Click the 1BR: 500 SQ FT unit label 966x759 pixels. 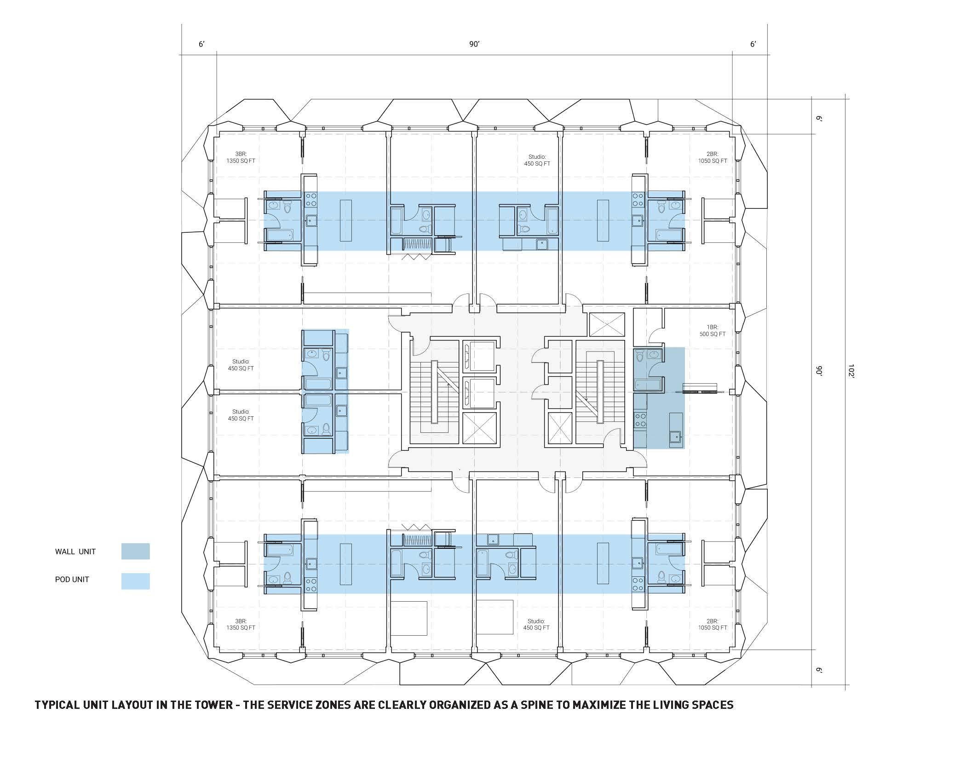pos(713,330)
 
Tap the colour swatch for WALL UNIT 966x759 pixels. pos(135,551)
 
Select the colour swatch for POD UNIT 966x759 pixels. pos(135,581)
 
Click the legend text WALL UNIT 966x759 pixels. pos(75,552)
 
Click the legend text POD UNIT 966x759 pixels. pos(72,580)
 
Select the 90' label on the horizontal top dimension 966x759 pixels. pos(475,44)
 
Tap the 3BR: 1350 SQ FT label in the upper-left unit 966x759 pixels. pos(241,157)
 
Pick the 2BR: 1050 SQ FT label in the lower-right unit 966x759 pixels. pos(713,624)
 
